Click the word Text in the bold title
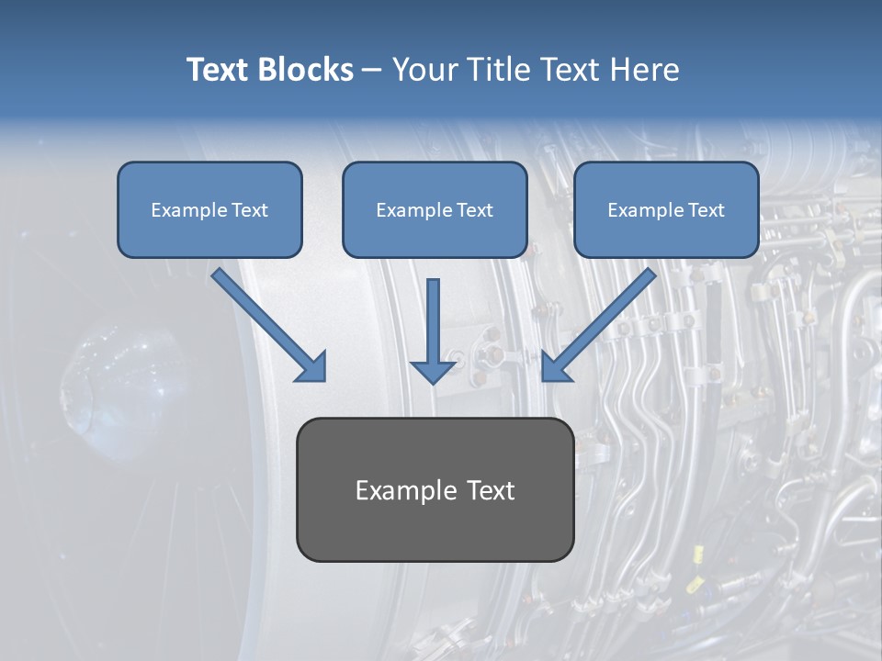(217, 70)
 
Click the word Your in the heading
(424, 70)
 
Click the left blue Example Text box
(209, 209)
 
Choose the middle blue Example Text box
(435, 209)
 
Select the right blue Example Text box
(666, 209)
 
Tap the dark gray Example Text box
(435, 489)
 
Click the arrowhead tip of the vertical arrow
(433, 380)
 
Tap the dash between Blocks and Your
(372, 71)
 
